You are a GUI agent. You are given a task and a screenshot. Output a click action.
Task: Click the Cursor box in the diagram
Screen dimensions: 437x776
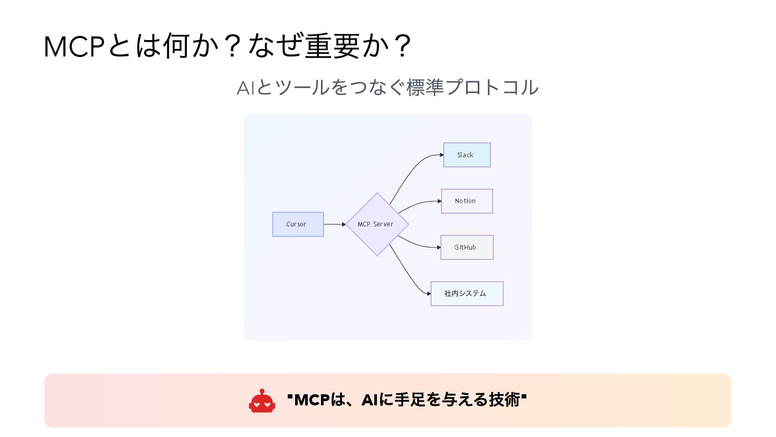click(298, 224)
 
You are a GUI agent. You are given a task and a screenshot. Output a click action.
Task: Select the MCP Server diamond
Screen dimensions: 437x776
click(377, 224)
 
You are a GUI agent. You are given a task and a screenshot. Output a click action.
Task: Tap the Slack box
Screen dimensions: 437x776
click(467, 155)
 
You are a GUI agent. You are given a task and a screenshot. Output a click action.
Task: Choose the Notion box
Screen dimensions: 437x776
click(467, 201)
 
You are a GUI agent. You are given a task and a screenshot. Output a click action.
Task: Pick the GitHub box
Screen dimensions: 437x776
click(467, 247)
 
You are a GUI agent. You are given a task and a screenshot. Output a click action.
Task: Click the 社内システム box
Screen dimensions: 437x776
click(467, 293)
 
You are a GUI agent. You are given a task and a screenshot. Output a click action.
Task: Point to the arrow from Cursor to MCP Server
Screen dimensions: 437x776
click(334, 224)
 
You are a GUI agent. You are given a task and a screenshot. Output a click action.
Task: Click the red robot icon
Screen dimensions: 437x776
click(262, 401)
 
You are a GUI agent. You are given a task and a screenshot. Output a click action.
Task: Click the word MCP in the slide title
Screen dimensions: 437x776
click(74, 46)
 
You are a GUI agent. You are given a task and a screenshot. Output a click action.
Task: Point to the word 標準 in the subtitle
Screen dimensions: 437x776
click(425, 88)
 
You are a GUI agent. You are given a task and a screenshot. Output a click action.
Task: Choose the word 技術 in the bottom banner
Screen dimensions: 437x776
click(505, 400)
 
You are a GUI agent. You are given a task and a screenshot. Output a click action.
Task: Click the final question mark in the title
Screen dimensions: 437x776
click(403, 46)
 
